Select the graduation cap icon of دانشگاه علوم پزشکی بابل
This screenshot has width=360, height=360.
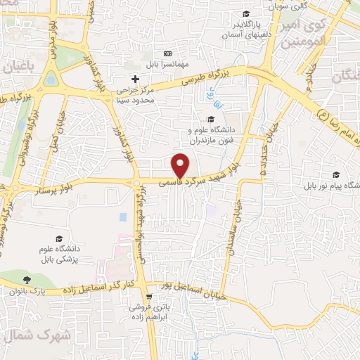(x=60, y=239)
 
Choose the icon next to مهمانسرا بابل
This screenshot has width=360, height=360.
(x=167, y=53)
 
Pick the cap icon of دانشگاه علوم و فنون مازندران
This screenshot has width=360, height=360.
(x=210, y=119)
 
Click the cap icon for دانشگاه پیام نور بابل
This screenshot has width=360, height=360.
(x=336, y=175)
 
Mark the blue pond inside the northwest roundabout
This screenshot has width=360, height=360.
(x=51, y=79)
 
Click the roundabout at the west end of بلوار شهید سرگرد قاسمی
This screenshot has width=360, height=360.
(x=136, y=184)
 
